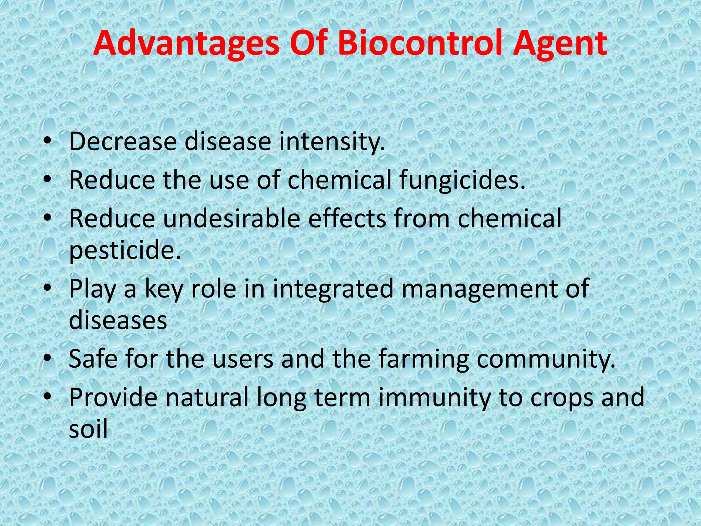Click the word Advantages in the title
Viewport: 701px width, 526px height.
[x=187, y=43]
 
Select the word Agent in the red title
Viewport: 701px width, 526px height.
[x=560, y=43]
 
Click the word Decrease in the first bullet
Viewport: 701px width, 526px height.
[x=123, y=141]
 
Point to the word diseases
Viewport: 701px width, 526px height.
[x=118, y=320]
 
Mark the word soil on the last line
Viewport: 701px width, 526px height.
[x=88, y=429]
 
